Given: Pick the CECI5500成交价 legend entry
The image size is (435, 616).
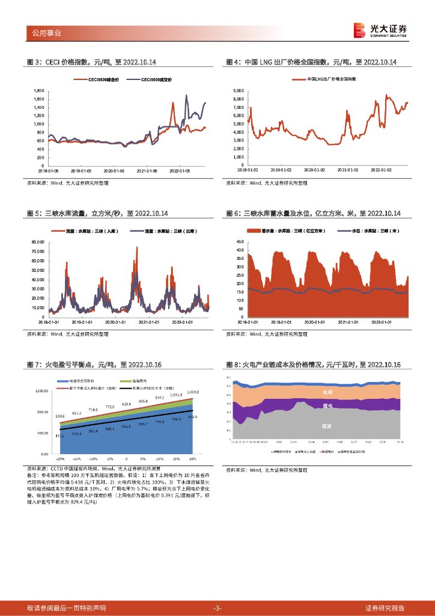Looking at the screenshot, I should pos(151,79).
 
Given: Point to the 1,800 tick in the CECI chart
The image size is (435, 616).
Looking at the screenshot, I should pos(39,91).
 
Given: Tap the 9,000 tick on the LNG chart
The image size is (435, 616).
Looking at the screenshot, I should pos(237,91).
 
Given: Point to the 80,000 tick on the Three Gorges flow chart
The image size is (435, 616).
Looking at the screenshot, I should pos(37,242).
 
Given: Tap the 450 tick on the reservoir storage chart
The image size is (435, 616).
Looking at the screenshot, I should pos(239,242).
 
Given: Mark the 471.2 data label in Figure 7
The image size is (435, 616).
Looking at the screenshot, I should pos(59,435).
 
